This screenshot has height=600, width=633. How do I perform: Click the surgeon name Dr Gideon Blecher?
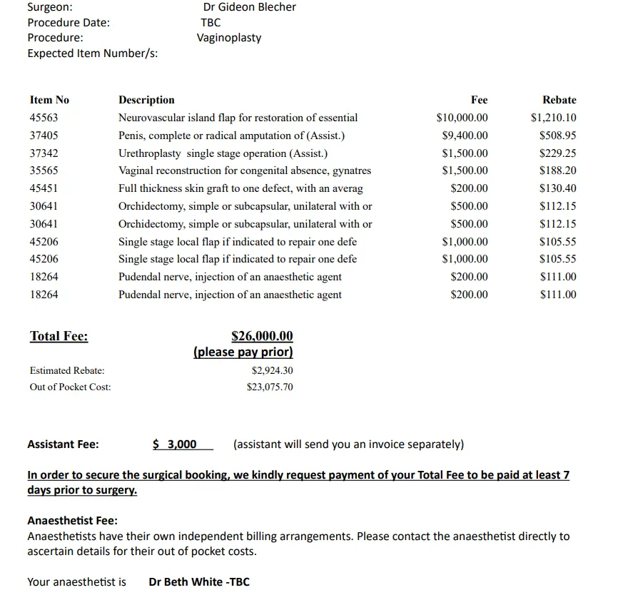(x=249, y=7)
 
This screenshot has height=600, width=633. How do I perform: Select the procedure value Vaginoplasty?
(x=229, y=38)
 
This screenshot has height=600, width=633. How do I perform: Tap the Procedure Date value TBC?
(x=211, y=23)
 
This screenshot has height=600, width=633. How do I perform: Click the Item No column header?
(x=49, y=100)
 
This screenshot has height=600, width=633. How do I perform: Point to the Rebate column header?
(x=559, y=100)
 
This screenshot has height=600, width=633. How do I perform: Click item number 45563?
(x=44, y=118)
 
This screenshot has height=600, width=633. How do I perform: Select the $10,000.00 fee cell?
(x=462, y=118)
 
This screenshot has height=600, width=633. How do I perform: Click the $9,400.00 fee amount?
(x=465, y=136)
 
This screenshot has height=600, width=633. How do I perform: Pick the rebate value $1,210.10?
(x=553, y=118)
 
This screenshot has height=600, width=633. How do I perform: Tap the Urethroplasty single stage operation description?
(x=223, y=153)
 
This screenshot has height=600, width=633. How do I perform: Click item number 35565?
(x=44, y=171)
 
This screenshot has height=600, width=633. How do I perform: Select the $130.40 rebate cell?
(x=558, y=188)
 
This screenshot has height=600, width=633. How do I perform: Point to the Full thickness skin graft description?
(x=240, y=188)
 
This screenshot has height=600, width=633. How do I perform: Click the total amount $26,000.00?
(x=262, y=336)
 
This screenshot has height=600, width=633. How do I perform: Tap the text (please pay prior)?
(x=243, y=352)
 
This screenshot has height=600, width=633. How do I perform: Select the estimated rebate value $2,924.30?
(x=272, y=371)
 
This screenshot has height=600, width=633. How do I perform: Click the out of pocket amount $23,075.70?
(x=269, y=387)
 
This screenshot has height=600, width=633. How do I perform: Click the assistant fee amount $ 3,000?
(x=176, y=444)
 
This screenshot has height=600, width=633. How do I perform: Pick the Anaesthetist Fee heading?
(x=72, y=521)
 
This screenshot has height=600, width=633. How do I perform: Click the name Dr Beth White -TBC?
(x=199, y=582)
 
